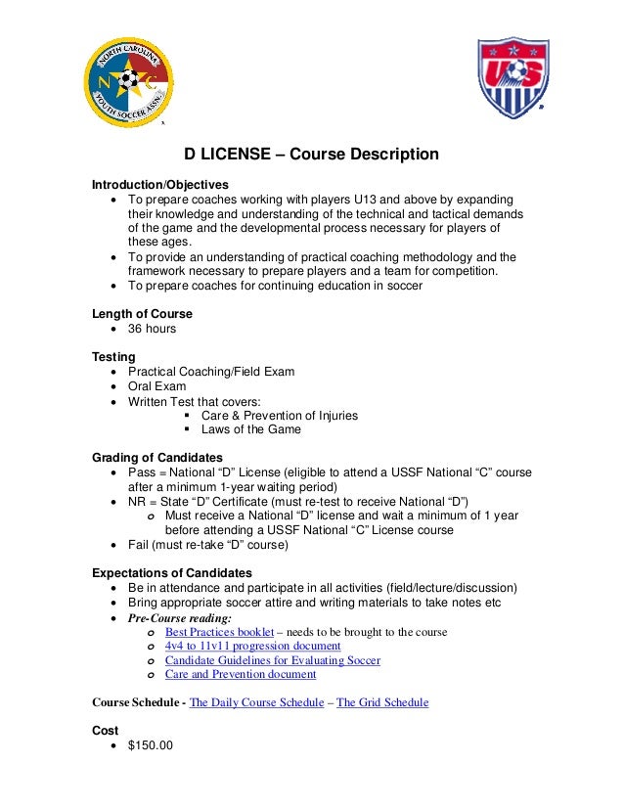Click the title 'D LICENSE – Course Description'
pos(313,156)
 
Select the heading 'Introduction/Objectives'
pos(159,185)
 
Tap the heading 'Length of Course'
pos(142,314)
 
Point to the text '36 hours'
pos(152,329)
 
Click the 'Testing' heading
pos(113,357)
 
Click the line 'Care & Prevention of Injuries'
pos(279,415)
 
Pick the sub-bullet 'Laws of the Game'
pos(250,429)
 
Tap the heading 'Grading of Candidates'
pos(156,458)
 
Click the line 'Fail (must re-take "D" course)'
pos(207,545)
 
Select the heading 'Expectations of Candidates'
pos(171,572)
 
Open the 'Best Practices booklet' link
pos(219,632)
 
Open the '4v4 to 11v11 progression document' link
pos(252,647)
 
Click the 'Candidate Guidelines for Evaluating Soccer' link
pos(272,660)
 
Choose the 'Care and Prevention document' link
pos(240,674)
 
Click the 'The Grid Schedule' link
pos(381,702)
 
